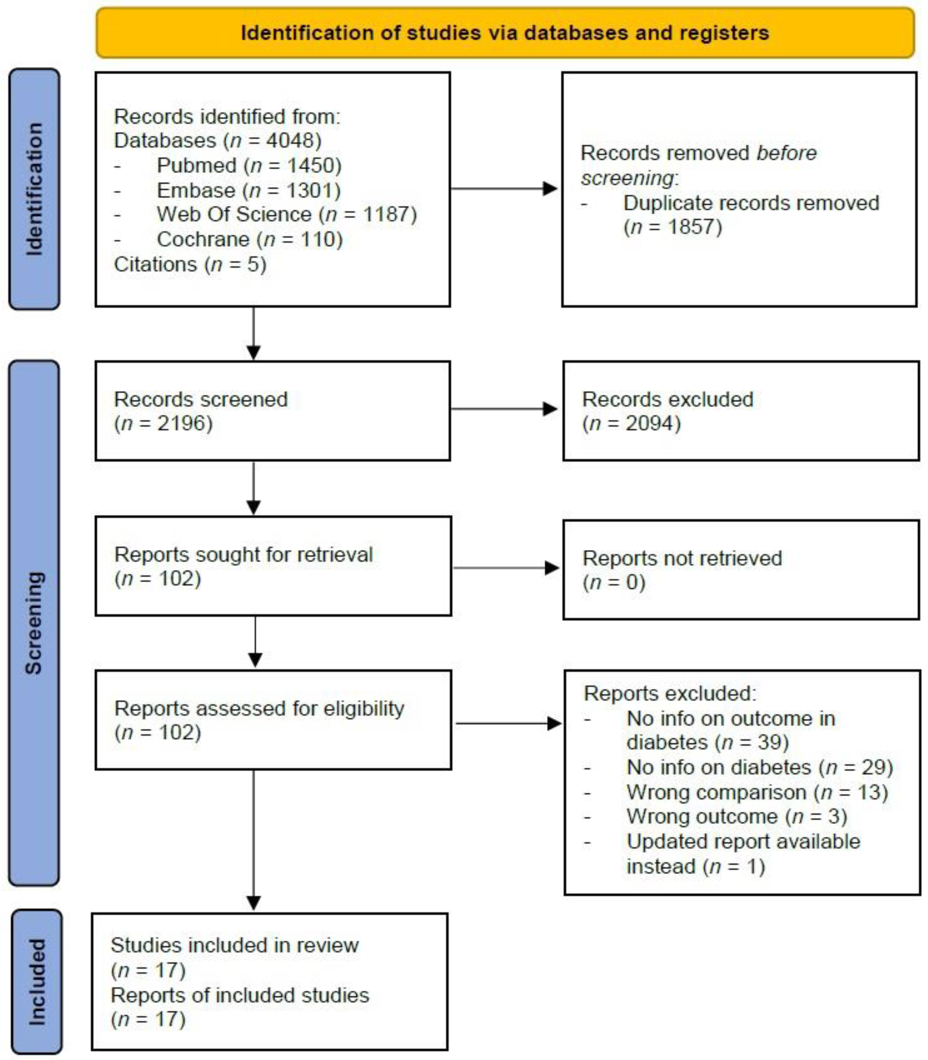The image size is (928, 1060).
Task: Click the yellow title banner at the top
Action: [505, 33]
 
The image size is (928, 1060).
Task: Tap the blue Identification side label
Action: [34, 189]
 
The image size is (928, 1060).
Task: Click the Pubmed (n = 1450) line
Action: [248, 165]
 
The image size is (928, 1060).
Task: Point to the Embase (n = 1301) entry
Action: [248, 190]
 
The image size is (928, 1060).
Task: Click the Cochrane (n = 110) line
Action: [250, 239]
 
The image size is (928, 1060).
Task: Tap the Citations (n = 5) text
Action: [190, 264]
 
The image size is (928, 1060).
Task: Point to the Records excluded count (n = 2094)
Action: [631, 423]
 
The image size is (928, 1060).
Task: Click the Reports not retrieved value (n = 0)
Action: [614, 582]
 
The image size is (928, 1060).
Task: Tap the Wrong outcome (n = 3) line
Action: [736, 817]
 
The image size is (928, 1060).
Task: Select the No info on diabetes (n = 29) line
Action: [760, 767]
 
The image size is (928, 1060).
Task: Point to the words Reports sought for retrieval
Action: [243, 554]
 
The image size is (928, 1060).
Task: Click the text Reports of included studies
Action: [240, 995]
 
